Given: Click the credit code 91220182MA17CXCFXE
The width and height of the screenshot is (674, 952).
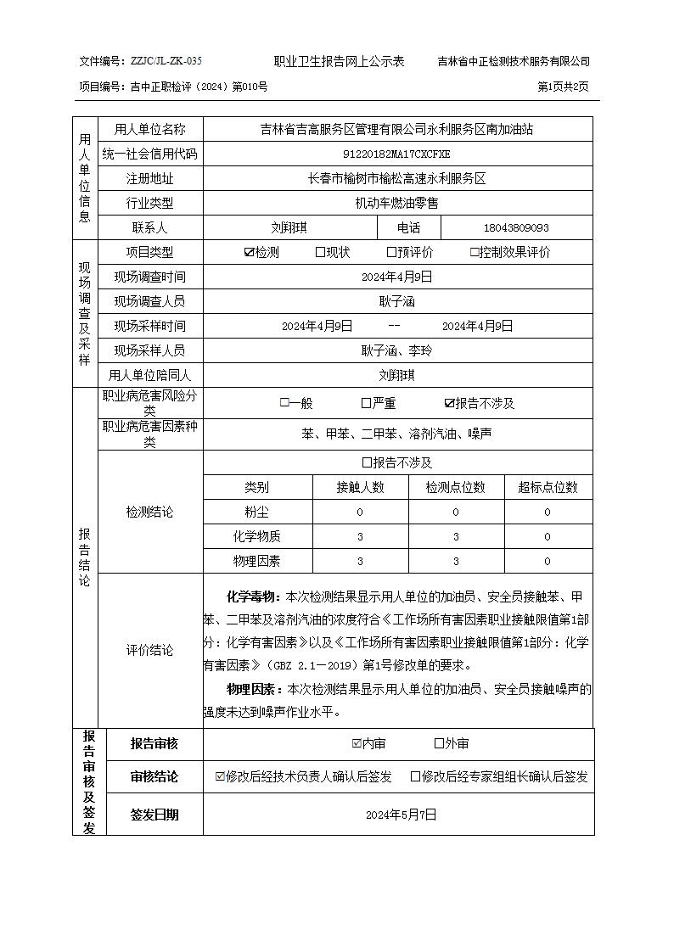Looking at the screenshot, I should [396, 154].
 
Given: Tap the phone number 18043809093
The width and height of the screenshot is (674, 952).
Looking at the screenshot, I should [516, 228].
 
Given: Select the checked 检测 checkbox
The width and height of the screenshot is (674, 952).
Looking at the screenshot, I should [249, 252].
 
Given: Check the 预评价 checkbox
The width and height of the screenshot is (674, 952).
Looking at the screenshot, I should [391, 252].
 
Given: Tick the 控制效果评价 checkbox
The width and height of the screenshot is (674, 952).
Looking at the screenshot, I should [475, 252].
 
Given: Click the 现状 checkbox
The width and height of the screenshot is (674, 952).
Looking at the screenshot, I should [320, 252].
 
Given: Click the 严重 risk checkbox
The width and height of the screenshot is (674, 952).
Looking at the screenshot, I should [366, 404].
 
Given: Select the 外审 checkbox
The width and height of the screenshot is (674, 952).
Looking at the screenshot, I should [439, 744].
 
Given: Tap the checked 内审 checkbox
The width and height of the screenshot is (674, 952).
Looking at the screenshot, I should [357, 744].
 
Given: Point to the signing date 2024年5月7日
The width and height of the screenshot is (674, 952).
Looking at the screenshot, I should [401, 815].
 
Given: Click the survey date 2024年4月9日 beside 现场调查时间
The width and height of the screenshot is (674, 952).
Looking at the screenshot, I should [396, 277].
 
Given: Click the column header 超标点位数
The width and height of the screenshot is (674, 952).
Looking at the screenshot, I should [548, 487].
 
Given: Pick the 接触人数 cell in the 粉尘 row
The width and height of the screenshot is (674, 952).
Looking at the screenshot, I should [360, 512].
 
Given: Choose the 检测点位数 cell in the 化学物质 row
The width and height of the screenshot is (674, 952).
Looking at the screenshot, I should [455, 536].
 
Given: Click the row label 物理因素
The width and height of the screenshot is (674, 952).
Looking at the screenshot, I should [256, 561].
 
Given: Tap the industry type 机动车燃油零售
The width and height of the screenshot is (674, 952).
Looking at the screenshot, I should [396, 204].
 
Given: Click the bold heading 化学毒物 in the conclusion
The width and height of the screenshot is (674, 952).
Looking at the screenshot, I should [252, 596].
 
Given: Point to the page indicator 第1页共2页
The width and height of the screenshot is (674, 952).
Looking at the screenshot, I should [564, 87].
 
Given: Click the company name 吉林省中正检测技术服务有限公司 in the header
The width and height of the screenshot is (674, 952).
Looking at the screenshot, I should [514, 61].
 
